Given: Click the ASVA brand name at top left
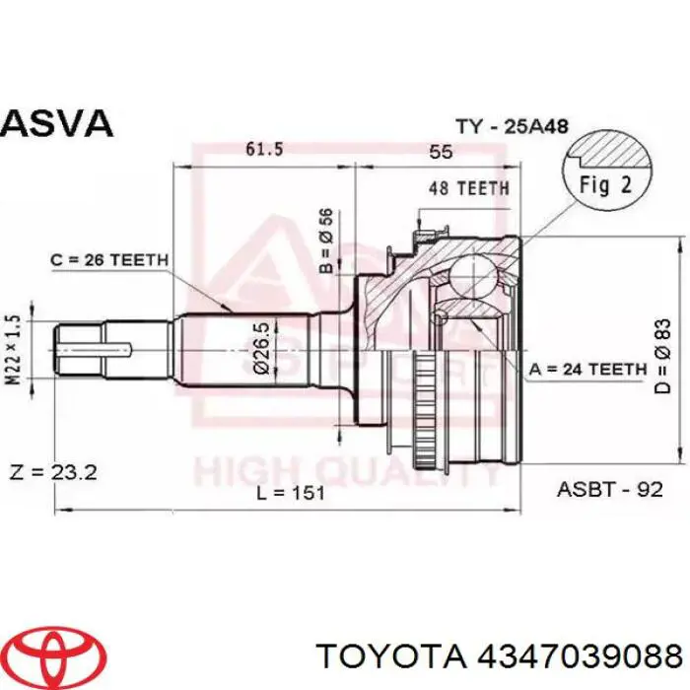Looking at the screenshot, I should click(57, 123).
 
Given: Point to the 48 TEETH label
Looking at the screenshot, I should click(469, 187).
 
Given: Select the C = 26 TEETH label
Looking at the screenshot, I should click(109, 259).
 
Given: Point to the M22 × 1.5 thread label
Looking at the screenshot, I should click(13, 348).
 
